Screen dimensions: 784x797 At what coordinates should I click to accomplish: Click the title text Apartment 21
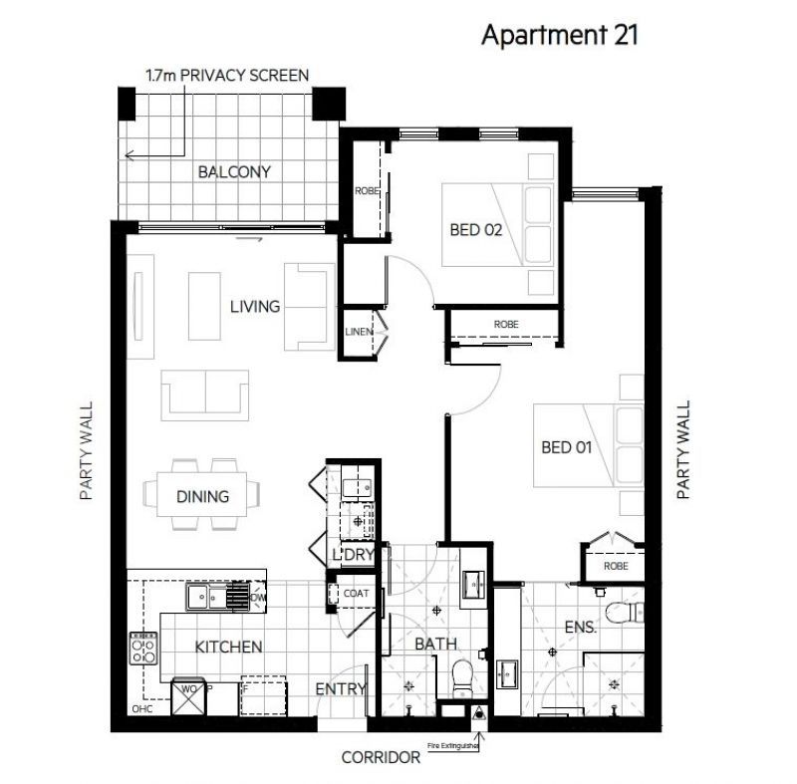(x=559, y=35)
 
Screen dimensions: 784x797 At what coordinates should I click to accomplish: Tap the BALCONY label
(x=234, y=171)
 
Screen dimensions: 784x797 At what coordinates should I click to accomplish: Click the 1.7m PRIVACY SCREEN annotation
(x=227, y=75)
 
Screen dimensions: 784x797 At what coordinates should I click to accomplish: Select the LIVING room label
(x=254, y=306)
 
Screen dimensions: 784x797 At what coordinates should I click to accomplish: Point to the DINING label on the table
(x=203, y=495)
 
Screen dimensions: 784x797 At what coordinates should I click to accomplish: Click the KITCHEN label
(x=228, y=647)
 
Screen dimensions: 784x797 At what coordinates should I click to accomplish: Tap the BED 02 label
(x=476, y=229)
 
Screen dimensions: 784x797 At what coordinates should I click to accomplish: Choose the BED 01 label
(x=566, y=447)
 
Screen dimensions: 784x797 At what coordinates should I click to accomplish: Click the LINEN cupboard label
(x=359, y=332)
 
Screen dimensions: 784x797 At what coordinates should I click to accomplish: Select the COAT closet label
(x=356, y=594)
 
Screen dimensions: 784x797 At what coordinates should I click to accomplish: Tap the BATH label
(x=435, y=644)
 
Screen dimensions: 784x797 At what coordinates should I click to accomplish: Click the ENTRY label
(x=342, y=689)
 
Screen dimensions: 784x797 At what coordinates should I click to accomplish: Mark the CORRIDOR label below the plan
(x=381, y=757)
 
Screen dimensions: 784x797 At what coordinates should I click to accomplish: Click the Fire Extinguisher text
(x=454, y=745)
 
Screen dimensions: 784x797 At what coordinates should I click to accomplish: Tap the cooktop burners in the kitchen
(x=143, y=649)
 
